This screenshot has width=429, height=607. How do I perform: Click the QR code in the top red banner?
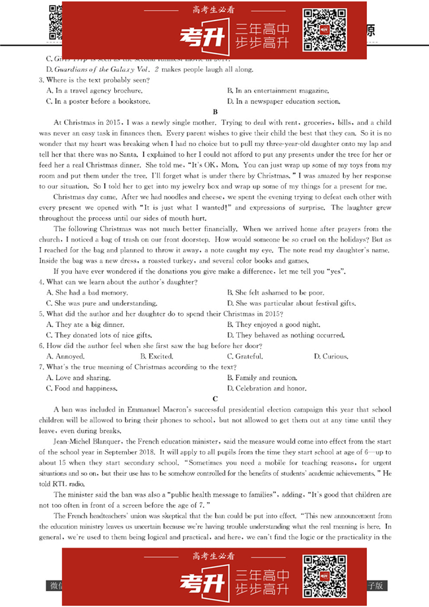(x=325, y=30)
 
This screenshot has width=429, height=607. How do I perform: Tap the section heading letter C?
(x=215, y=399)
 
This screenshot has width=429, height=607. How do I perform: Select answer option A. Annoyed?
(x=65, y=357)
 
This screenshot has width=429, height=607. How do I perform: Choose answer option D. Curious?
(x=331, y=357)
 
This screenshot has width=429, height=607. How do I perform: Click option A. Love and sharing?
(x=79, y=378)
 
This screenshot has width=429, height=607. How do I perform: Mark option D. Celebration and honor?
(x=267, y=388)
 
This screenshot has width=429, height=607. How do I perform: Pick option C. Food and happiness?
(x=81, y=388)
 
